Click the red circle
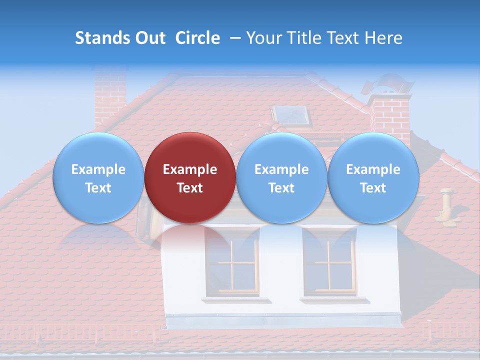pos(190,177)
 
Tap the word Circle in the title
pos(197,38)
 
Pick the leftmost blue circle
pos(98,177)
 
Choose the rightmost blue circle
pos(373,177)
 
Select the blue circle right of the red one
pos(281,177)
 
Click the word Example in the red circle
pos(190,169)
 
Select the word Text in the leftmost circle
pos(98,188)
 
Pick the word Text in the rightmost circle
pos(373,188)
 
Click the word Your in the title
pos(261,38)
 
